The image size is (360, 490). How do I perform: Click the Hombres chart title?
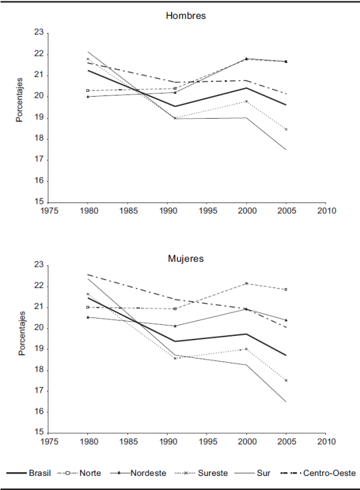click(x=186, y=16)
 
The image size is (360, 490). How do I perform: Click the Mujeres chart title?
click(x=186, y=259)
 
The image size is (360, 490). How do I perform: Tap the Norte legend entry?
click(x=79, y=473)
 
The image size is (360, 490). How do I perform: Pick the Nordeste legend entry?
click(x=138, y=473)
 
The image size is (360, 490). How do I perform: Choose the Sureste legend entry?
click(x=202, y=473)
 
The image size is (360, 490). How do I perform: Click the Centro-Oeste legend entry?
click(x=318, y=473)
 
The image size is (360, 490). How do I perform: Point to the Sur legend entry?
click(x=254, y=473)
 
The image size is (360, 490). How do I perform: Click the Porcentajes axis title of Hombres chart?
click(x=20, y=100)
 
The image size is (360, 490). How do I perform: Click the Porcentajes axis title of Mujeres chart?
click(x=21, y=333)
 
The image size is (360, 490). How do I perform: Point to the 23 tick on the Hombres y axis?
click(x=39, y=33)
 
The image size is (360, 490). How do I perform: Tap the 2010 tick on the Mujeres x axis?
click(x=326, y=442)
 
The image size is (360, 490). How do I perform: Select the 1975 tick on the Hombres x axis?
click(x=50, y=211)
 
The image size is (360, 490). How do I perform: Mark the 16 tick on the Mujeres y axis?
click(x=39, y=412)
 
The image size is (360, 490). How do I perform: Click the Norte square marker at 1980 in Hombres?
click(x=88, y=91)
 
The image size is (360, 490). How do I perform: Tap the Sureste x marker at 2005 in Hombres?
click(x=286, y=129)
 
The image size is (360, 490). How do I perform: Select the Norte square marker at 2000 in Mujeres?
click(x=246, y=283)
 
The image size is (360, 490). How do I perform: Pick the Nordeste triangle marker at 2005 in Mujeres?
click(x=286, y=320)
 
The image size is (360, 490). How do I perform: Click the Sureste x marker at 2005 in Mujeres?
click(x=286, y=380)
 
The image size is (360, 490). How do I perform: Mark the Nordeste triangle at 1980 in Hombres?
click(x=88, y=97)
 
